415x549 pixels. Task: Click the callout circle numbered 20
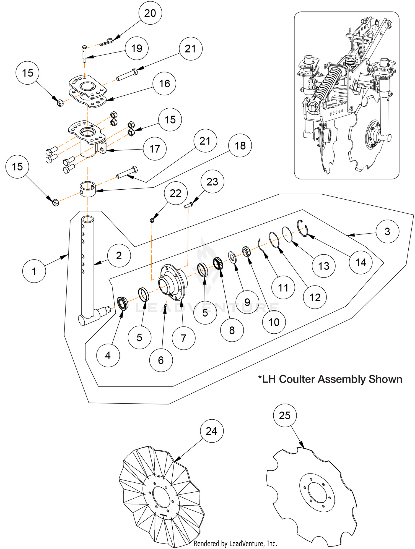click(x=150, y=13)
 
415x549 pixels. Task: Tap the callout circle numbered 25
click(x=285, y=415)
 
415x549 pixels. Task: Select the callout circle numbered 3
click(x=387, y=231)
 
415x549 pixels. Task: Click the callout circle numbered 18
click(x=240, y=146)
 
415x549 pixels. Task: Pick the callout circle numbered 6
click(x=161, y=360)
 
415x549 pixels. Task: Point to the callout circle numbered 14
click(x=361, y=262)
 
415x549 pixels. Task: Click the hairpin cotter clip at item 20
click(x=107, y=42)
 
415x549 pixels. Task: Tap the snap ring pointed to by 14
click(x=303, y=228)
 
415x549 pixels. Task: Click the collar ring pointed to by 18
click(x=88, y=189)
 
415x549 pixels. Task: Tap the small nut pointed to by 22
click(x=152, y=220)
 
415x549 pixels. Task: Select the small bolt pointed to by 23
click(x=188, y=205)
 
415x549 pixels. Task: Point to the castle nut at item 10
click(x=246, y=252)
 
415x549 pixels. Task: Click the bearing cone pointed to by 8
click(x=218, y=263)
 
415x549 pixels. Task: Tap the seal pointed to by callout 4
click(x=122, y=304)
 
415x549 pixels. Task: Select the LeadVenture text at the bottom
click(x=235, y=543)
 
